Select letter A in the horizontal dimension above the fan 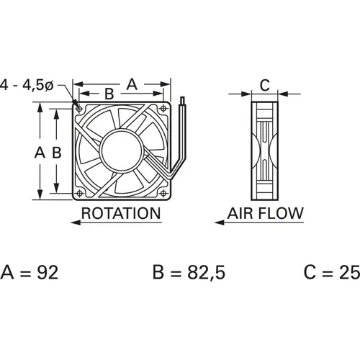tap(131, 84)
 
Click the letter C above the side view tap(264, 85)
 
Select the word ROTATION tap(120, 213)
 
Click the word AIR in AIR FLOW tap(243, 213)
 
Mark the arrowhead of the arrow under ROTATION tap(75, 224)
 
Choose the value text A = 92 tap(30, 272)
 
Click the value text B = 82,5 tap(186, 272)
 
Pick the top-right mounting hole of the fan tap(165, 108)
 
